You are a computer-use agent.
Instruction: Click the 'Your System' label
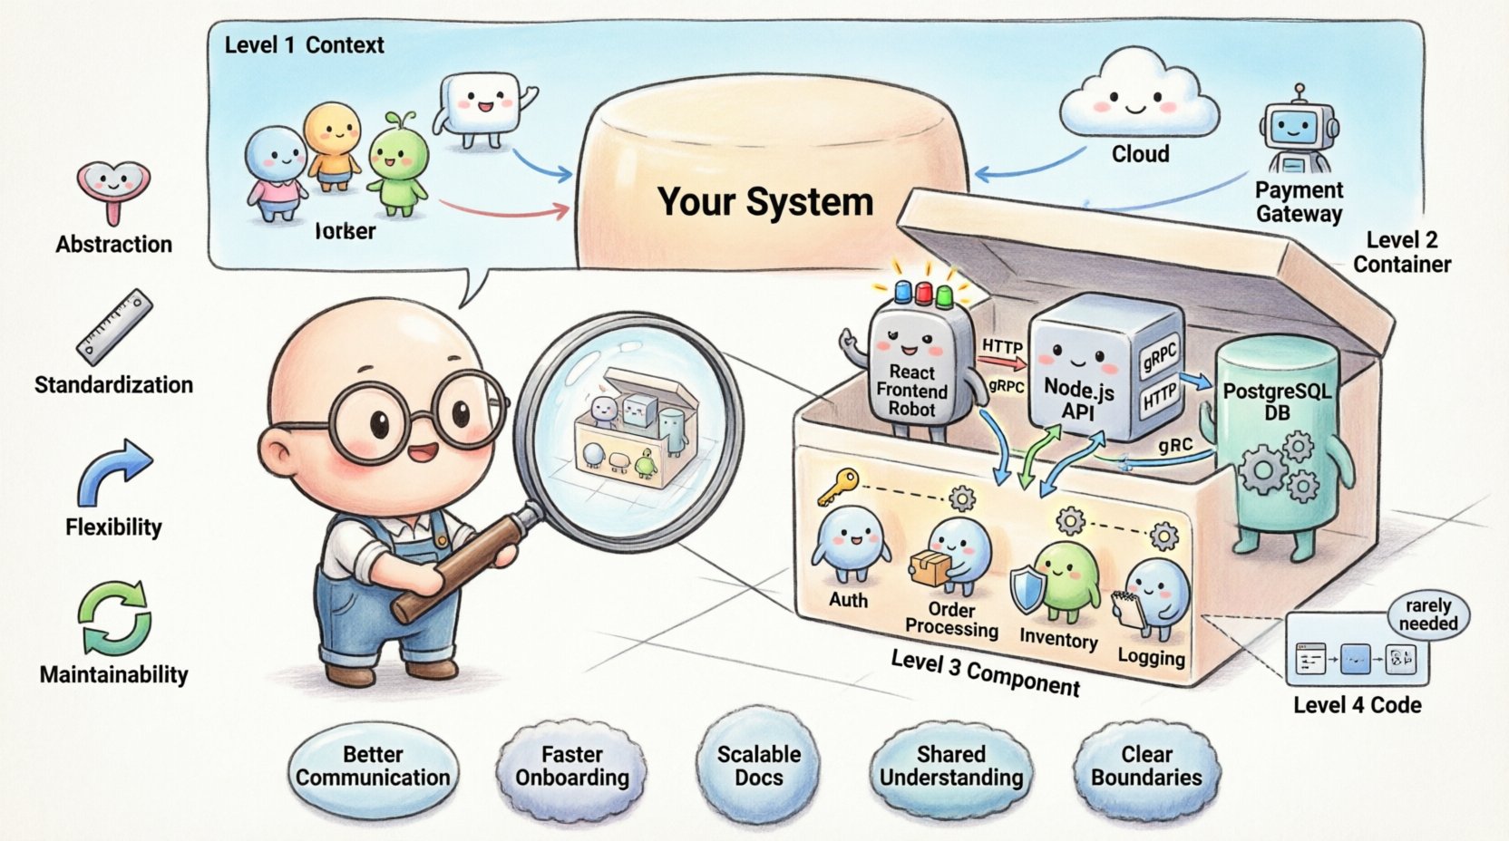(x=764, y=202)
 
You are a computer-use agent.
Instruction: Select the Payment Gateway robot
(x=1298, y=131)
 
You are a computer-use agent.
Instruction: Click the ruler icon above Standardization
(x=114, y=327)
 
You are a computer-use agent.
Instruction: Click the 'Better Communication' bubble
(x=373, y=766)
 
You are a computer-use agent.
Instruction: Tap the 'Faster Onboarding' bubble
(x=571, y=766)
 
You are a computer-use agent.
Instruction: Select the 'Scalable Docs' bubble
(x=758, y=766)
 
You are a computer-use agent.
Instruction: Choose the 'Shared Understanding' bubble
(x=950, y=766)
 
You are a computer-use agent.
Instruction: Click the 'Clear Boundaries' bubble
(x=1146, y=766)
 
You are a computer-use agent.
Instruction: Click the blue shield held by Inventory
(x=1027, y=590)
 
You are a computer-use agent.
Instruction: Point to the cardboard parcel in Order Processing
(x=930, y=567)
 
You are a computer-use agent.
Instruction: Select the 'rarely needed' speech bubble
(x=1428, y=615)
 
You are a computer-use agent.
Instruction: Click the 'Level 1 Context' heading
(x=304, y=45)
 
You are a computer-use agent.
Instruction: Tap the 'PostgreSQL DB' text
(x=1277, y=401)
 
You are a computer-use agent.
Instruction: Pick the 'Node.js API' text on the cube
(x=1078, y=399)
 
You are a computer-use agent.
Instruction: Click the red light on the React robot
(x=923, y=293)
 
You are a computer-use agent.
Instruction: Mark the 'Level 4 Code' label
(x=1357, y=705)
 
